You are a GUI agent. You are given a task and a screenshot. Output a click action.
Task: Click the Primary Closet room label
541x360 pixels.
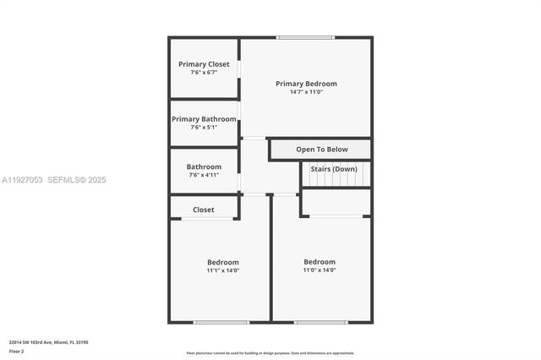(x=204, y=64)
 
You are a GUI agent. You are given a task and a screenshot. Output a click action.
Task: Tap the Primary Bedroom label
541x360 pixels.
(x=306, y=84)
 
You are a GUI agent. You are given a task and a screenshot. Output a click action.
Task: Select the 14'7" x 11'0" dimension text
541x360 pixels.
(x=306, y=92)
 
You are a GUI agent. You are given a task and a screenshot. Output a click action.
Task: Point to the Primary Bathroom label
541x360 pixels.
(x=204, y=119)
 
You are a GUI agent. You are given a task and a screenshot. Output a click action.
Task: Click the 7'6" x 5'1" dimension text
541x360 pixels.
(x=204, y=128)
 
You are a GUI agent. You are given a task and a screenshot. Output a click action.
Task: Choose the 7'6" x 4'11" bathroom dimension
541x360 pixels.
(x=204, y=175)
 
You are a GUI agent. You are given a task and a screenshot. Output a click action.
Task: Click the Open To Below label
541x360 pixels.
(x=322, y=150)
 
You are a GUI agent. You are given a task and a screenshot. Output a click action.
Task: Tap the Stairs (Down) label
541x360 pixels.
(x=333, y=169)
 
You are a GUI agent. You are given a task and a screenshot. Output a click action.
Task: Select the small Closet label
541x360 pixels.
(x=204, y=210)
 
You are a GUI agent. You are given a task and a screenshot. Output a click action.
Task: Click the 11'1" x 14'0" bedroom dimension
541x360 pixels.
(x=223, y=270)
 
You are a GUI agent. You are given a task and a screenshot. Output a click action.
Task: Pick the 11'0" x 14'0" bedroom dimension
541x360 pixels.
(x=320, y=270)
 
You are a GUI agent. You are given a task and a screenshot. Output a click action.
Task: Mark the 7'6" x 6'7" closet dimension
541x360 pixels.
(x=204, y=73)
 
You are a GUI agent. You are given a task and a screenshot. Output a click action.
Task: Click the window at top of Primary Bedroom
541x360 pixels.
(x=306, y=37)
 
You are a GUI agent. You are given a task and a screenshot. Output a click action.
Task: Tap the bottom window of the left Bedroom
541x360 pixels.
(x=221, y=322)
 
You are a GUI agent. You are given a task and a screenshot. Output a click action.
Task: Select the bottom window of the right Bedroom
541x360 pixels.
(x=321, y=322)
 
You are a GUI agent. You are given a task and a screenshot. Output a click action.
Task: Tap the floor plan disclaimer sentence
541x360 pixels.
(x=270, y=353)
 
